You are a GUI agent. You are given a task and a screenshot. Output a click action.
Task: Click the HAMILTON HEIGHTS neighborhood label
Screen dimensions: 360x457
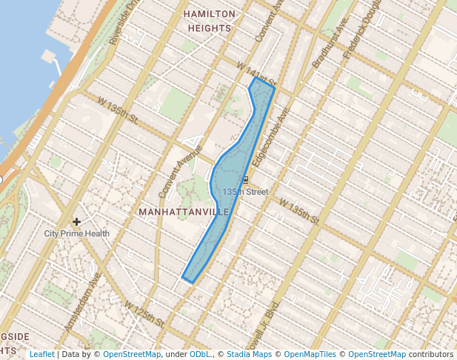click(209, 21)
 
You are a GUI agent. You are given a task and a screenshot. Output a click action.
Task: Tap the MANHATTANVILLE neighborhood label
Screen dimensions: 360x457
click(184, 212)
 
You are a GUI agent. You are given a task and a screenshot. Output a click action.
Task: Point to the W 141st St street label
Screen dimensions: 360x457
click(256, 75)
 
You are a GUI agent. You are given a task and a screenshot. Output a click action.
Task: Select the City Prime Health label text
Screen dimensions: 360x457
click(76, 233)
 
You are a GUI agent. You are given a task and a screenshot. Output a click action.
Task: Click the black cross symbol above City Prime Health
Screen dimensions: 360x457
click(76, 221)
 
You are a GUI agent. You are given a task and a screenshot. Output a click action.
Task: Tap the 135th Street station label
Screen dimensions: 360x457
click(245, 192)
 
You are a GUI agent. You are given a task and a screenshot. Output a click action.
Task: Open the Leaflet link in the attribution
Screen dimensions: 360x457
click(41, 355)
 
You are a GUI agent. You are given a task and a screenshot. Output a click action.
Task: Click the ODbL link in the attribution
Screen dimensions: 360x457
click(200, 355)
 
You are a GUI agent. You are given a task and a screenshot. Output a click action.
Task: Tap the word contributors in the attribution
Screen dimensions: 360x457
click(431, 355)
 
